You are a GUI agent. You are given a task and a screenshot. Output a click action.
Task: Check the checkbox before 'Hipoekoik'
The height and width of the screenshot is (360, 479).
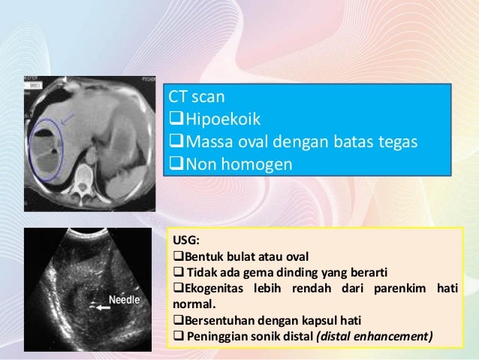tap(175, 119)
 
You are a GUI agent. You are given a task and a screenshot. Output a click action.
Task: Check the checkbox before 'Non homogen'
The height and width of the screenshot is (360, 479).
tap(175, 162)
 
